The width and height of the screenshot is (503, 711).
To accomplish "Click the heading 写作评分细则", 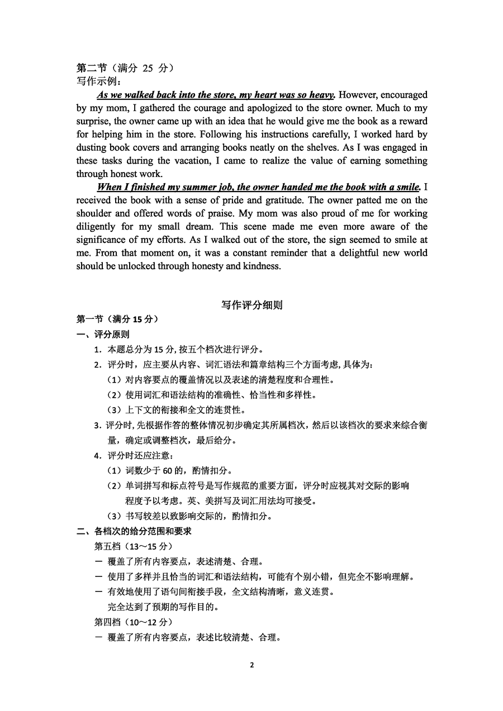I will (x=251, y=305).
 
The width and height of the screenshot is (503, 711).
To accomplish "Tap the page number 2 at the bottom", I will (x=251, y=665).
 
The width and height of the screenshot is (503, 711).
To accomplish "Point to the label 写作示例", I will (x=98, y=81).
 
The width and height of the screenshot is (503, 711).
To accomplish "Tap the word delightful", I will (x=353, y=252).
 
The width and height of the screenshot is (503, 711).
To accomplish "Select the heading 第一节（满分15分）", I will (x=117, y=319).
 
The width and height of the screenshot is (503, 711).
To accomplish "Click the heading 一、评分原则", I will (x=103, y=335).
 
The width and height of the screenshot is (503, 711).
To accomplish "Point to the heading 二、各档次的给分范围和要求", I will (x=134, y=531).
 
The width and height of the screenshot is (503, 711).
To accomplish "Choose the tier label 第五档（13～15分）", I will (x=134, y=546).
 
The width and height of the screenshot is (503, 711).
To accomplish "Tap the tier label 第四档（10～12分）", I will (x=134, y=622).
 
